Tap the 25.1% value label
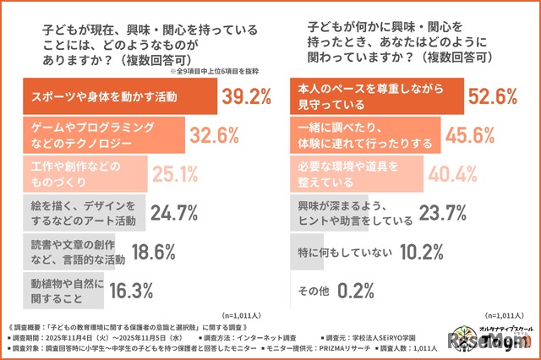click(x=175, y=172)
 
